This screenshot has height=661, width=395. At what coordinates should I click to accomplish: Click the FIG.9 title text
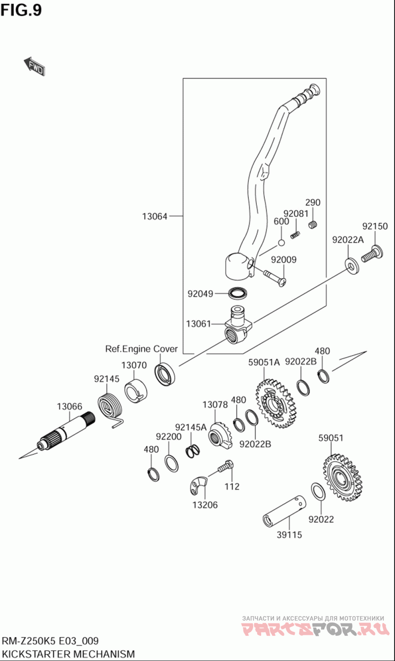pyautogui.click(x=21, y=10)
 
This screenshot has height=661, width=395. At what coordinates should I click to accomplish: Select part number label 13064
pyautogui.click(x=155, y=216)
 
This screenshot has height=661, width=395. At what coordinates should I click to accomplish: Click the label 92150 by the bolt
pyautogui.click(x=375, y=226)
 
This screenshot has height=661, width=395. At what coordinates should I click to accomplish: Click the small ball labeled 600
pyautogui.click(x=281, y=242)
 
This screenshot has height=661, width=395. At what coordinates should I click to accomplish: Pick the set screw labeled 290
pyautogui.click(x=313, y=225)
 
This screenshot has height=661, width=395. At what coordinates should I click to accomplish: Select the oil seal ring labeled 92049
pyautogui.click(x=238, y=293)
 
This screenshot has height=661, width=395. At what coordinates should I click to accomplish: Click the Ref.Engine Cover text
pyautogui.click(x=141, y=349)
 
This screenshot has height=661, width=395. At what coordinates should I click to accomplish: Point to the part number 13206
pyautogui.click(x=205, y=505)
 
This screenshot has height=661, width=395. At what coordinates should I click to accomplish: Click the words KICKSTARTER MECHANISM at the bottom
pyautogui.click(x=68, y=654)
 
